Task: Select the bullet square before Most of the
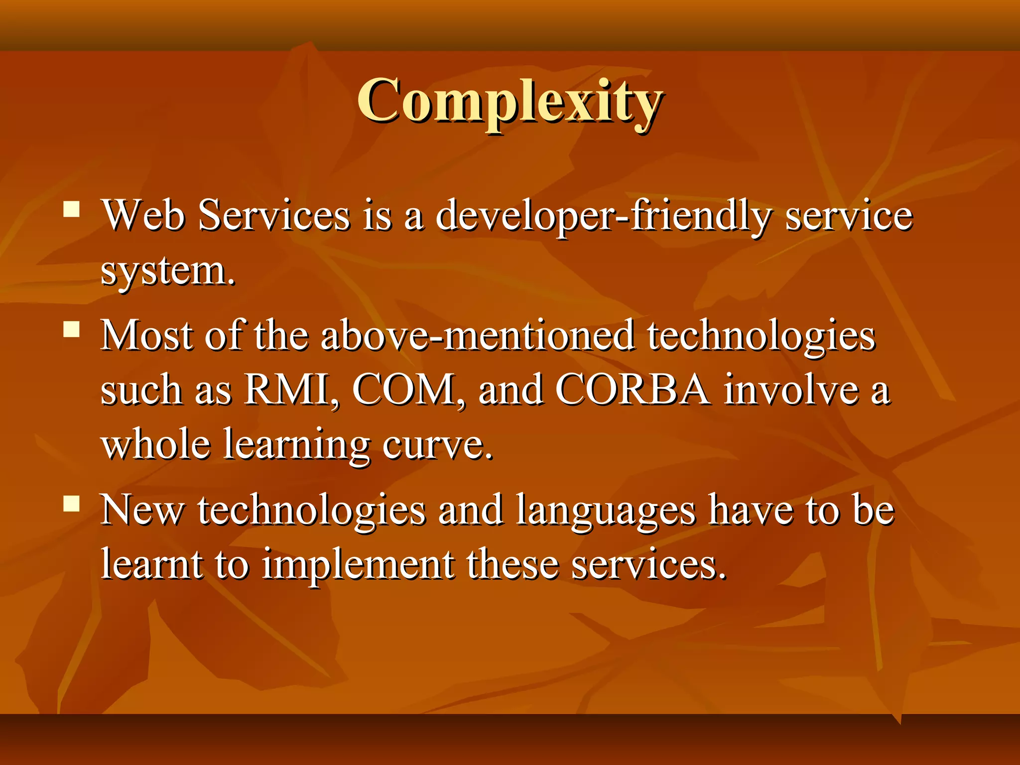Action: point(72,329)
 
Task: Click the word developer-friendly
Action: point(603,216)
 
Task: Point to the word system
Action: point(167,271)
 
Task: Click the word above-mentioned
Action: point(477,336)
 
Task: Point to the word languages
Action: point(605,511)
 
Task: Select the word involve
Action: point(791,389)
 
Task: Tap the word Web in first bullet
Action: point(143,216)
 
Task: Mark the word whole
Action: point(155,444)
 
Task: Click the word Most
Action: point(146,336)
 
